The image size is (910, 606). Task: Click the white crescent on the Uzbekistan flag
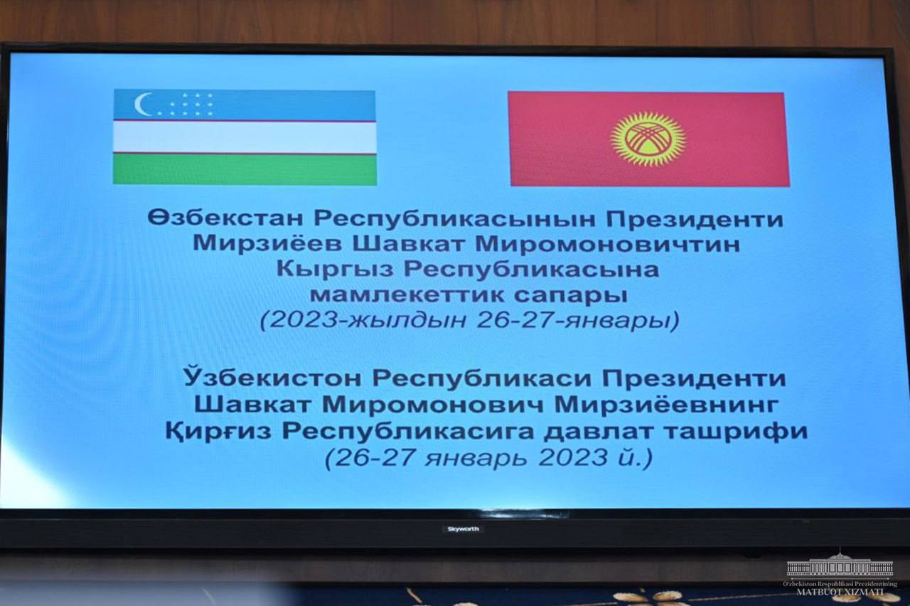point(140,105)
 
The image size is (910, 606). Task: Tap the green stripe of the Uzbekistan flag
point(245,169)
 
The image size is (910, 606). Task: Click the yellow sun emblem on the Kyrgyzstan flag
point(648,139)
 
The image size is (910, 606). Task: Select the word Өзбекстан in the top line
point(225,219)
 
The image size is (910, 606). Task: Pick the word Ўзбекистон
point(272,378)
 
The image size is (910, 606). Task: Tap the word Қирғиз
point(218,432)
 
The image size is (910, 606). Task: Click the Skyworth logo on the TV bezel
point(463,529)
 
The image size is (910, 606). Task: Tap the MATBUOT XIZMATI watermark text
point(840,592)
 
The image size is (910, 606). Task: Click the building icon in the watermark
point(840,565)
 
